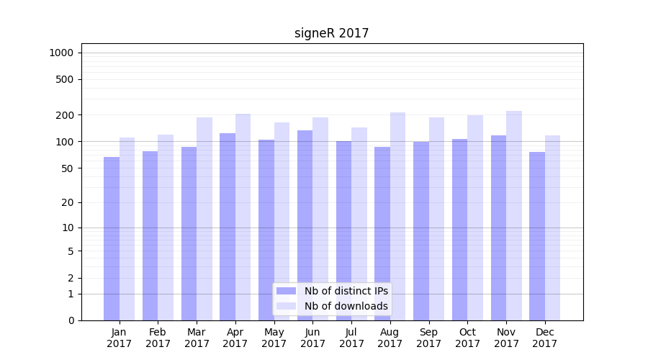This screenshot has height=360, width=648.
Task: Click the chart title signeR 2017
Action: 331,33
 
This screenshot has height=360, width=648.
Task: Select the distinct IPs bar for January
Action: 112,238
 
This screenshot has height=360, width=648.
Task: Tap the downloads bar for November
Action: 514,215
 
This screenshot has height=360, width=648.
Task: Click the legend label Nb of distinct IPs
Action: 346,291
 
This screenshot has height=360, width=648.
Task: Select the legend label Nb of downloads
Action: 346,306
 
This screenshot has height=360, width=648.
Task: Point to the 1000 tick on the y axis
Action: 61,53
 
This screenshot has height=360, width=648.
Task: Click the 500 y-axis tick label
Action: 65,79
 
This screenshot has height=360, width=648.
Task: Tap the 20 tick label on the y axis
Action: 68,202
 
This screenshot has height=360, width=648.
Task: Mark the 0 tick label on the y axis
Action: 71,320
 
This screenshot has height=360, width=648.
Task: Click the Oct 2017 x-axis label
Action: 467,338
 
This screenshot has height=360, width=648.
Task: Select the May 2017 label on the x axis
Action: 274,338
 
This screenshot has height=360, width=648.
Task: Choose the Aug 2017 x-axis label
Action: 390,338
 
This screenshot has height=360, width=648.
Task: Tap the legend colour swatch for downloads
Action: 286,306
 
